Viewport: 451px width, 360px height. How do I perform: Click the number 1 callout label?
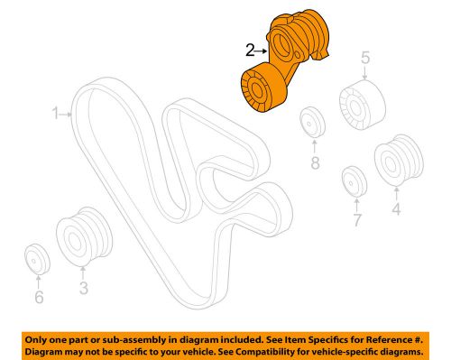54,114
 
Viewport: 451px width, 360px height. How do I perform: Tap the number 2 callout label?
249,51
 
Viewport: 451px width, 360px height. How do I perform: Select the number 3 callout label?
82,288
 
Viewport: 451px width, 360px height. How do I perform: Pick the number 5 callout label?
365,60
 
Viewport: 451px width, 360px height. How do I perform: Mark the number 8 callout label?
315,164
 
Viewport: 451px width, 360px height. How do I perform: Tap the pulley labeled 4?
393,164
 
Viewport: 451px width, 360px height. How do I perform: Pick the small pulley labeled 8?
313,122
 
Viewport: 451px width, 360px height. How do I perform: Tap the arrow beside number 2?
262,51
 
